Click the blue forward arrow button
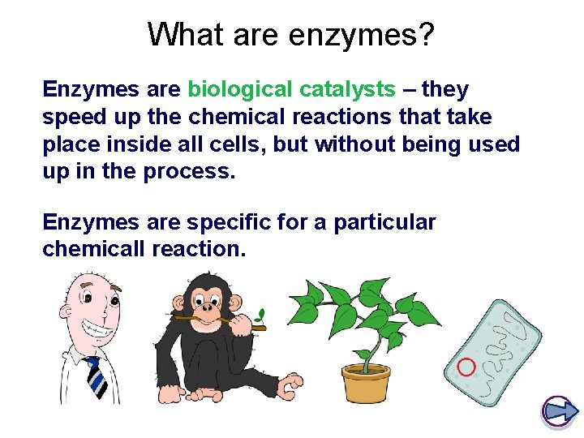557,411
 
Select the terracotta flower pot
367,384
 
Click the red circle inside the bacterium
466,367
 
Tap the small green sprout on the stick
262,311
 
